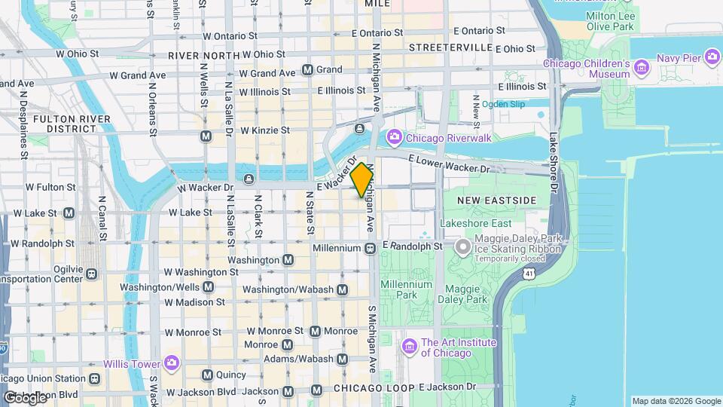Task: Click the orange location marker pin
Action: click(361, 179)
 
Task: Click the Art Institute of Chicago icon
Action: click(410, 347)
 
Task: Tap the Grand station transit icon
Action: click(308, 69)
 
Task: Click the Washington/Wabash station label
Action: click(290, 289)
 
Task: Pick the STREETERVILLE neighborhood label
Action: click(450, 47)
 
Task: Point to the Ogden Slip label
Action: click(503, 104)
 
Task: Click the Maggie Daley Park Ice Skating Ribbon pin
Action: click(463, 246)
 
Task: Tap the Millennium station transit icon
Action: click(371, 248)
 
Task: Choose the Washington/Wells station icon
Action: click(208, 287)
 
